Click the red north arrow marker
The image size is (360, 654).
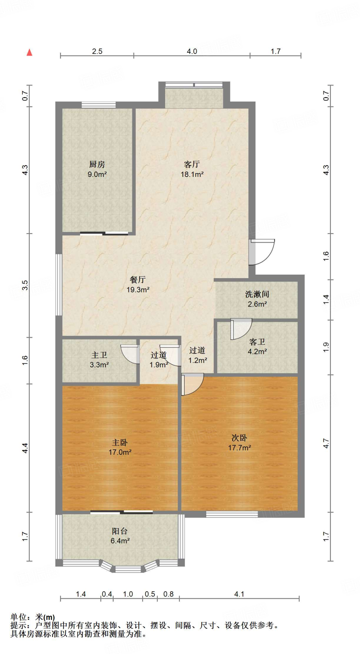29,52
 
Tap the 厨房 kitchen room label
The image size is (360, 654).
97,164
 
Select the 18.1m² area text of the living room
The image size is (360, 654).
192,174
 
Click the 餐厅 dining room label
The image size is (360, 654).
138,280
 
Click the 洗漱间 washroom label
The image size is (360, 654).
257,294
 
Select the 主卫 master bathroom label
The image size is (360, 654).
99,355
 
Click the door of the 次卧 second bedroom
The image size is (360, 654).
192,384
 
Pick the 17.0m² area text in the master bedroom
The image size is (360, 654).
120,452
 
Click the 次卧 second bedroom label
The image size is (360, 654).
239,438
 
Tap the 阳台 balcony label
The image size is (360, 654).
120,531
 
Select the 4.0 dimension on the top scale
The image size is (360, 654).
192,51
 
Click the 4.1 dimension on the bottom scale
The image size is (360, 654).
239,594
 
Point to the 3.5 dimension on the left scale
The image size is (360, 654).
25,285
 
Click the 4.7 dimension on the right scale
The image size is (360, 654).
326,443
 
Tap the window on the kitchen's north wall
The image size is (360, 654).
98,105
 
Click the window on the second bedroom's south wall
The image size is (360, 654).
232,514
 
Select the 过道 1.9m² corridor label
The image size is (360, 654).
158,360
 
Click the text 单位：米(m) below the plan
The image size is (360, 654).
33,617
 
